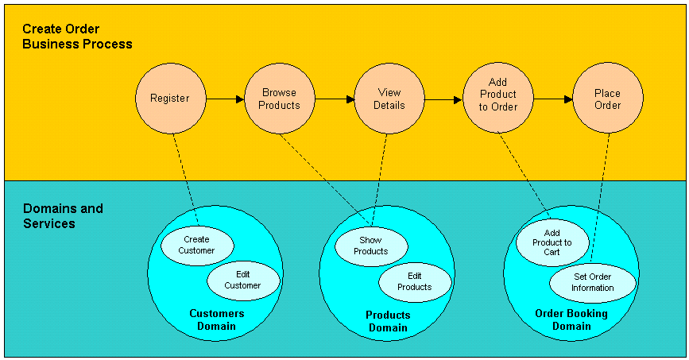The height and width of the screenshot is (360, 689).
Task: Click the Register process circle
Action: (170, 99)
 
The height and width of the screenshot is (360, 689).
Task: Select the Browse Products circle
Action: (280, 99)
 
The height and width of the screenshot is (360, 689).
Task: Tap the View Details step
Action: (389, 99)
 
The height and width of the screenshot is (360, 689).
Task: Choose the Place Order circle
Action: (608, 99)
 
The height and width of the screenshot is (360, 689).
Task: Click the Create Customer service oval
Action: (196, 245)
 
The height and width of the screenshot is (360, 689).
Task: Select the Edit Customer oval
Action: (243, 281)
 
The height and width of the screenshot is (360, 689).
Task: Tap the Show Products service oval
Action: (370, 246)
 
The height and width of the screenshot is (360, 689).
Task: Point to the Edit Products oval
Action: (415, 281)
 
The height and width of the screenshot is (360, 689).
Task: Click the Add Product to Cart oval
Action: (552, 242)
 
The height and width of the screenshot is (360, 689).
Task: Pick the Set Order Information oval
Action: (593, 282)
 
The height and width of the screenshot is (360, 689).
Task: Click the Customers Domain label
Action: (216, 319)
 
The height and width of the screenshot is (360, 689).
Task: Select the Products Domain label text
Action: (388, 321)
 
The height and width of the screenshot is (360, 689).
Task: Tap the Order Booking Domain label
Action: (571, 319)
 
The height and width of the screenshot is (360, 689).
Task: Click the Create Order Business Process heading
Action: (77, 37)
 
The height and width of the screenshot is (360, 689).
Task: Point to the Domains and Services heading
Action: (63, 216)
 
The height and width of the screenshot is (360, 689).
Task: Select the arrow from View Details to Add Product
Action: (443, 100)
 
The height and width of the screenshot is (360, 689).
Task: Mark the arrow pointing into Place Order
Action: (553, 99)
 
